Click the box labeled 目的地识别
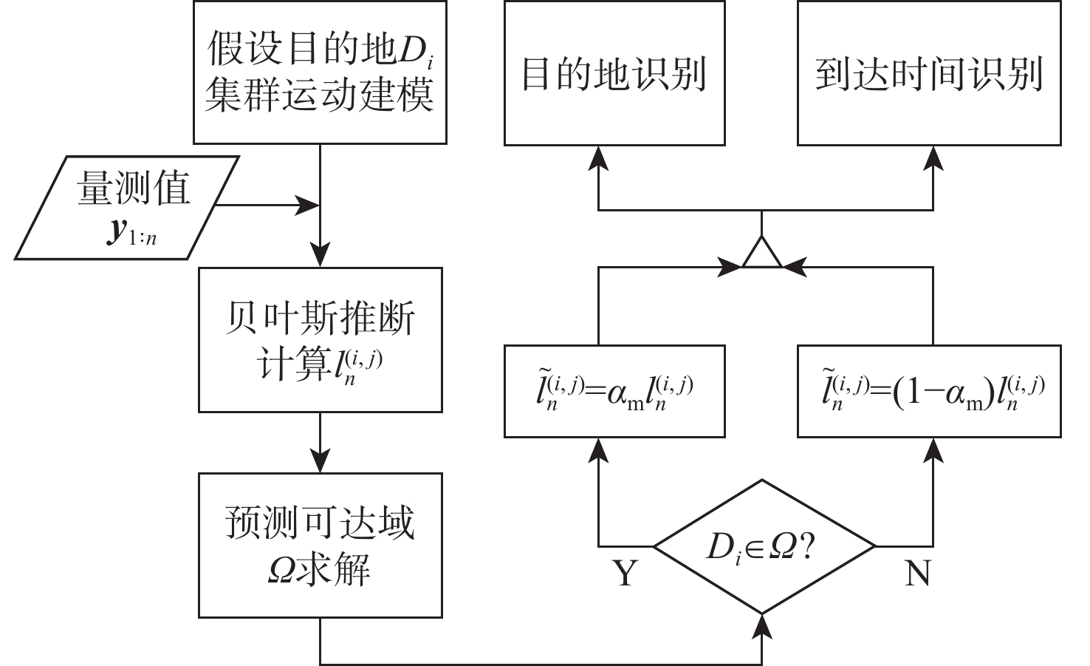click(614, 72)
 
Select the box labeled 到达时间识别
click(929, 72)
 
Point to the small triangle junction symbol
click(761, 253)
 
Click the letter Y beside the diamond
click(625, 573)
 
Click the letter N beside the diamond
click(917, 573)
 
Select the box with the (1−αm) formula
click(929, 390)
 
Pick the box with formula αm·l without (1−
click(614, 390)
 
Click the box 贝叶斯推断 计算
click(320, 339)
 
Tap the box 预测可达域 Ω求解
click(320, 545)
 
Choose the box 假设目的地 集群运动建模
click(320, 72)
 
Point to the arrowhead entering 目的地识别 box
click(598, 157)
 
